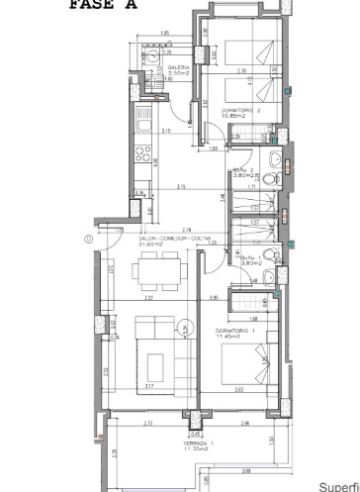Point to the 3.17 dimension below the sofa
point(148,386)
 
